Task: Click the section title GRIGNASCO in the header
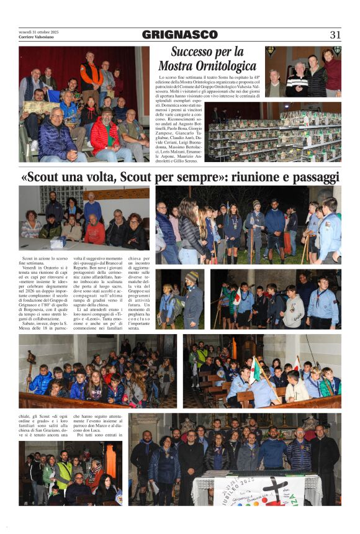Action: pos(180,35)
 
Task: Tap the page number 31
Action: pos(335,35)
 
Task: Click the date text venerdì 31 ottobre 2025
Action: pos(38,32)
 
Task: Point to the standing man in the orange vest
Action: pos(91,75)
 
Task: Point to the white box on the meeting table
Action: pos(57,244)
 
